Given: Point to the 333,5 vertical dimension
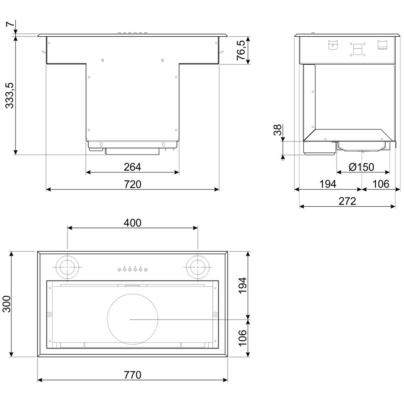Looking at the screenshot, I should click(x=10, y=95).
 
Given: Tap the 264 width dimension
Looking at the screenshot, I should click(x=132, y=167).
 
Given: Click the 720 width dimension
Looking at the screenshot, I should click(x=132, y=184).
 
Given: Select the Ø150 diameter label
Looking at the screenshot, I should click(x=361, y=167).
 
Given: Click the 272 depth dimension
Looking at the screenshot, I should click(x=347, y=201).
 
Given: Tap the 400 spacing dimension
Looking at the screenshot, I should click(x=132, y=223).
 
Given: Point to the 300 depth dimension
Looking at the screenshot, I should click(x=7, y=304).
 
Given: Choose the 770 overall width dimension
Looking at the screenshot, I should click(x=132, y=375).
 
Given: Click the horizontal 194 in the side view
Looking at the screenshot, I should click(x=328, y=184).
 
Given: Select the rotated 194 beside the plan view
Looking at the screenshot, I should click(x=242, y=285).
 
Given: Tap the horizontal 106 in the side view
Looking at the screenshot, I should click(x=381, y=184).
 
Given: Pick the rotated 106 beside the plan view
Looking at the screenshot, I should click(x=242, y=337).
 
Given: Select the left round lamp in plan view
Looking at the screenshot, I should click(x=67, y=267).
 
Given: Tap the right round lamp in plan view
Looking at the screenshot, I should click(x=198, y=267).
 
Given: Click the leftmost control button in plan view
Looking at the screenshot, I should click(x=119, y=270).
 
